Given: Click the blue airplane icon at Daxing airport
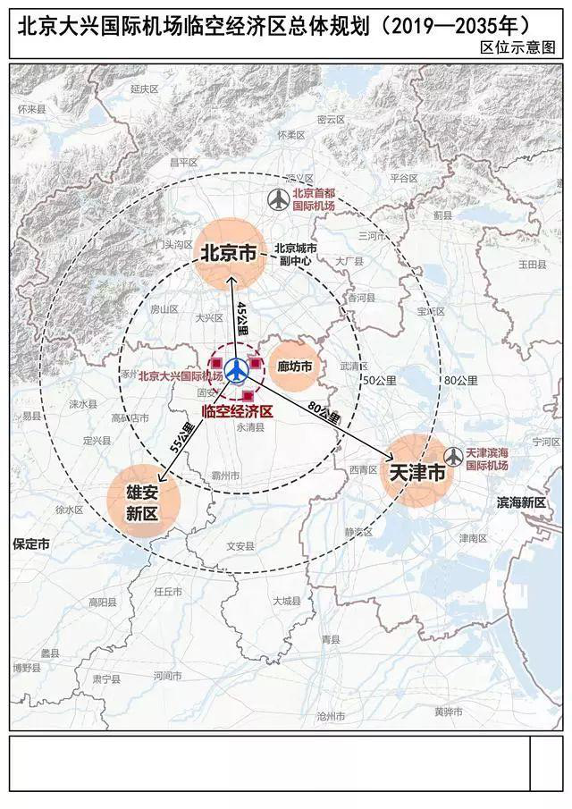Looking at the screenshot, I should click(237, 369).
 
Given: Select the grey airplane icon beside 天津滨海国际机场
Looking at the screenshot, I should click(453, 457).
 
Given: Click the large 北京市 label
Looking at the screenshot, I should click(227, 254).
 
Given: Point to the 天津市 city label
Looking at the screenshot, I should click(412, 473).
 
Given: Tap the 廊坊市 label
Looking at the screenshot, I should click(294, 367).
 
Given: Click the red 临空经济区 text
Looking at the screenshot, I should click(237, 411).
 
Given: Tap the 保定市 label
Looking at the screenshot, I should click(30, 544).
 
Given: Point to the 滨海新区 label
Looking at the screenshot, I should click(521, 503).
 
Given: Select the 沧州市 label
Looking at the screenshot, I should click(331, 716).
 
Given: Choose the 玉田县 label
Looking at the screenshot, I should click(532, 265).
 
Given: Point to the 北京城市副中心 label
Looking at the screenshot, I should click(296, 255).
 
